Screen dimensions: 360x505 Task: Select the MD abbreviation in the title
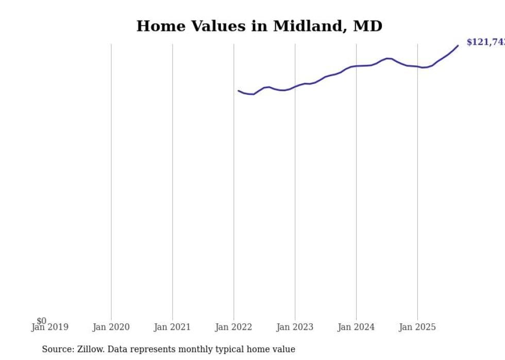point(367,26)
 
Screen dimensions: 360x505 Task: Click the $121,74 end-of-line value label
point(485,42)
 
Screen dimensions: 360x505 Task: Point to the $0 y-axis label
point(41,321)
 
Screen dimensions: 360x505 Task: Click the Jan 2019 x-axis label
point(49,327)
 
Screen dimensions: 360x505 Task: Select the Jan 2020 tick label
point(111,327)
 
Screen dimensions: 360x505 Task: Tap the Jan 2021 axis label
point(172,327)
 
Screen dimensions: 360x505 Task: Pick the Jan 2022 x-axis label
point(233,327)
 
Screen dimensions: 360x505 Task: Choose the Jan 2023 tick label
point(295,327)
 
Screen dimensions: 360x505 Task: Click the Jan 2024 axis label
point(356,327)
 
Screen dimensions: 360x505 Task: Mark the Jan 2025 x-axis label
point(417,327)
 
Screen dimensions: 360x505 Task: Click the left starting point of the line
point(239,91)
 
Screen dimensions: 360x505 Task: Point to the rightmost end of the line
point(458,46)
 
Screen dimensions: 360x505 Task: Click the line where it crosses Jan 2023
point(295,86)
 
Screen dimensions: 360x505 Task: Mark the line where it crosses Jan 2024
point(356,66)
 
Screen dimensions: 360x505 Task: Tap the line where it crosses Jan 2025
point(417,66)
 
